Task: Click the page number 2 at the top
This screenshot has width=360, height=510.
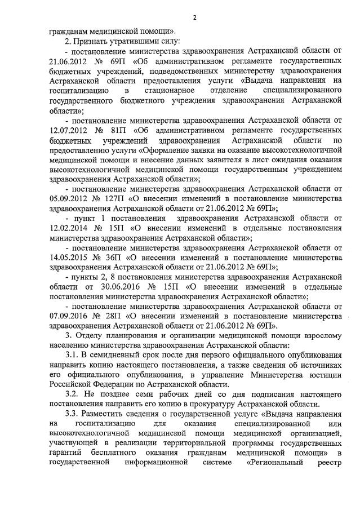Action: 194,17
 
